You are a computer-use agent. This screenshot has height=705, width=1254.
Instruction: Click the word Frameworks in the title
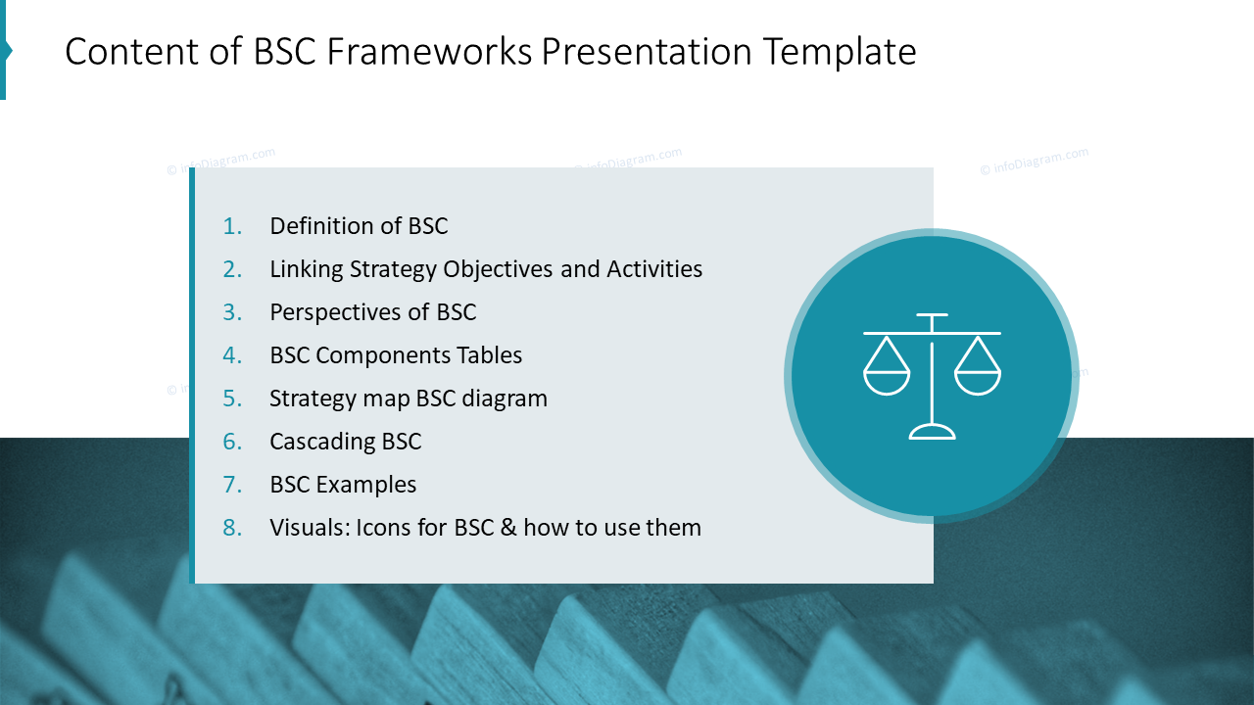428,52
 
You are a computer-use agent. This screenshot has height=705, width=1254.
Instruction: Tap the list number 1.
232,226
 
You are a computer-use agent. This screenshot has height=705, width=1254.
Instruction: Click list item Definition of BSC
359,226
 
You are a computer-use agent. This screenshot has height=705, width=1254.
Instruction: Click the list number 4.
232,355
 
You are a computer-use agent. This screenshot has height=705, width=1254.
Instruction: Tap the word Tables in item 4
490,355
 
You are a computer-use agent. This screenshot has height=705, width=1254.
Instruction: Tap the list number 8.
232,528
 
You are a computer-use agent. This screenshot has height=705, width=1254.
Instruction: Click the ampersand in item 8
507,528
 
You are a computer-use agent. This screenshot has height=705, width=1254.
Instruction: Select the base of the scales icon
932,432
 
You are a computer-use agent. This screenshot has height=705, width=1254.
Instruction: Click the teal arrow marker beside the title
5,51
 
